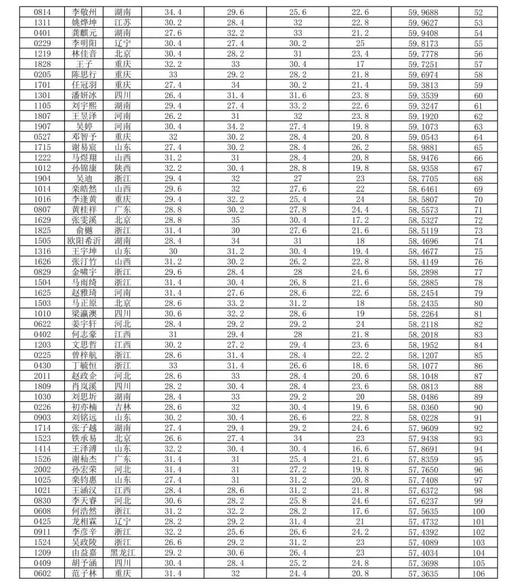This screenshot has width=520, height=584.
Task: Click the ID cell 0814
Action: [42, 12]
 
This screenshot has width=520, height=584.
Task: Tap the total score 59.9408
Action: [423, 33]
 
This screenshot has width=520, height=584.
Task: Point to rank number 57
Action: [478, 65]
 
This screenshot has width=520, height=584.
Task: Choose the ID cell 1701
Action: [42, 85]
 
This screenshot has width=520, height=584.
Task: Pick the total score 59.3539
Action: [423, 95]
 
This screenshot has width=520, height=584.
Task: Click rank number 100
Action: [478, 511]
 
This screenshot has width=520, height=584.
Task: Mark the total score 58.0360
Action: [423, 407]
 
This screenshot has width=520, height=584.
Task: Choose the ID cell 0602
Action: [42, 573]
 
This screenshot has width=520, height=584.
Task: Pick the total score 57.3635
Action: [423, 573]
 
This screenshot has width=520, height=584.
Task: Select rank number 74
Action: [478, 241]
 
